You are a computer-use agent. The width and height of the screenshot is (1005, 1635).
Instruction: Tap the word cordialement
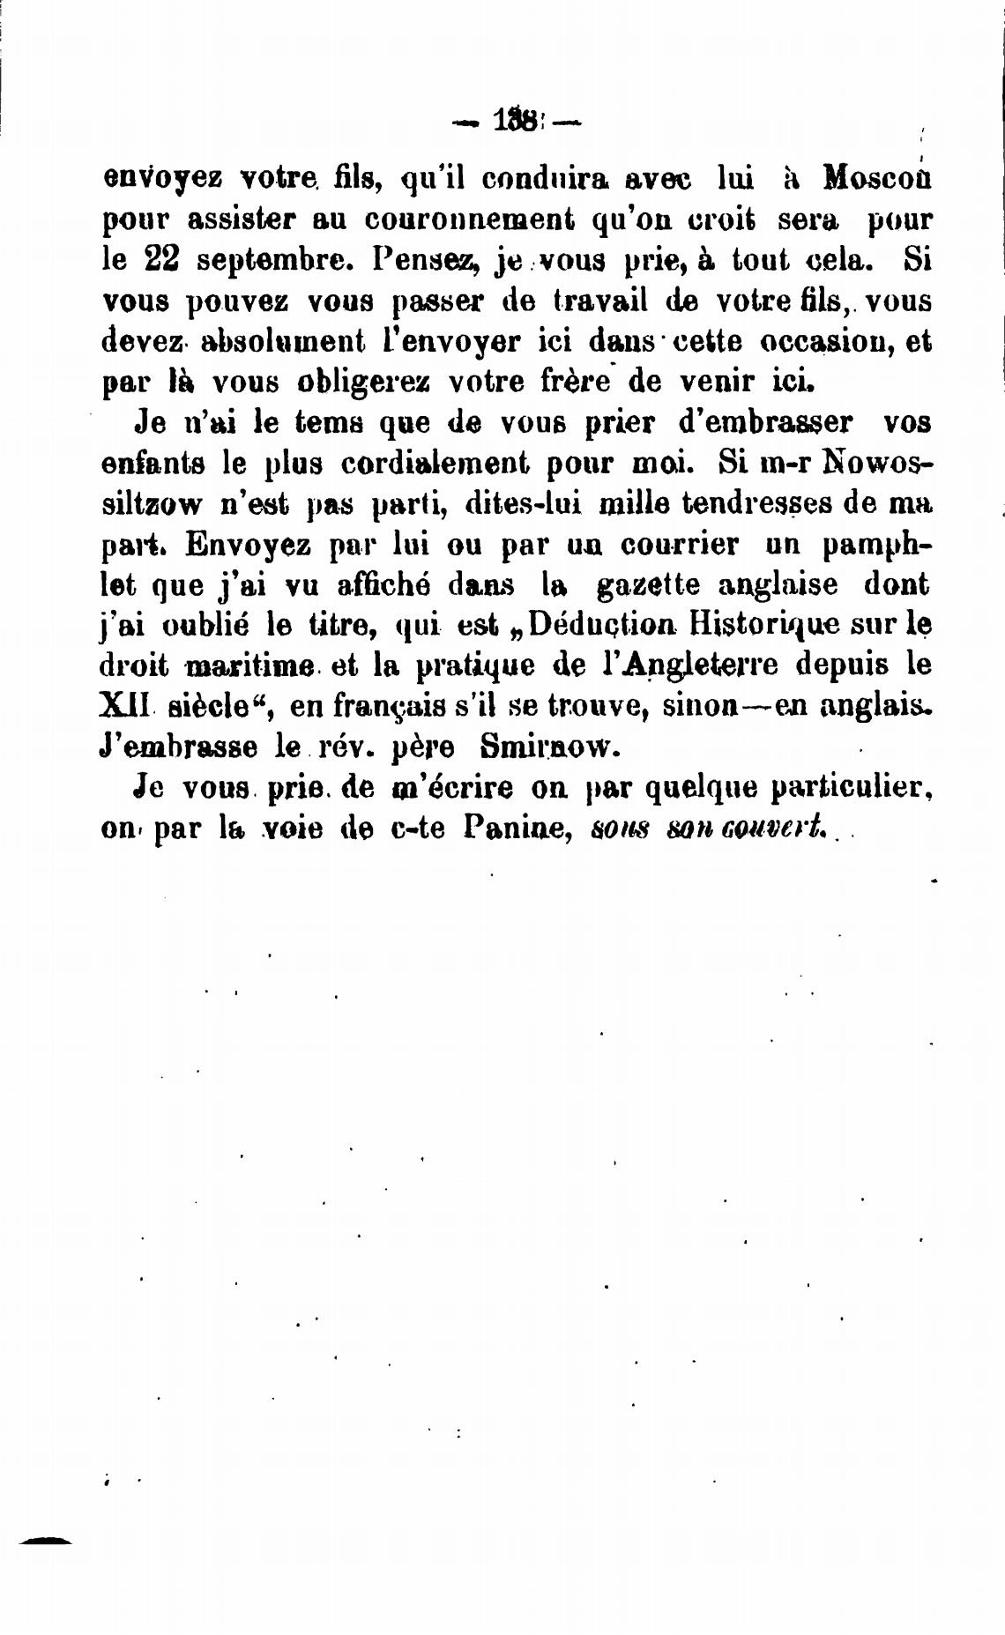pyautogui.click(x=434, y=463)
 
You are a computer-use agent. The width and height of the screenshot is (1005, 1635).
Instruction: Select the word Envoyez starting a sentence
pyautogui.click(x=248, y=545)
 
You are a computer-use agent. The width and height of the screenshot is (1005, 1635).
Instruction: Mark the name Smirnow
pyautogui.click(x=543, y=747)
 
